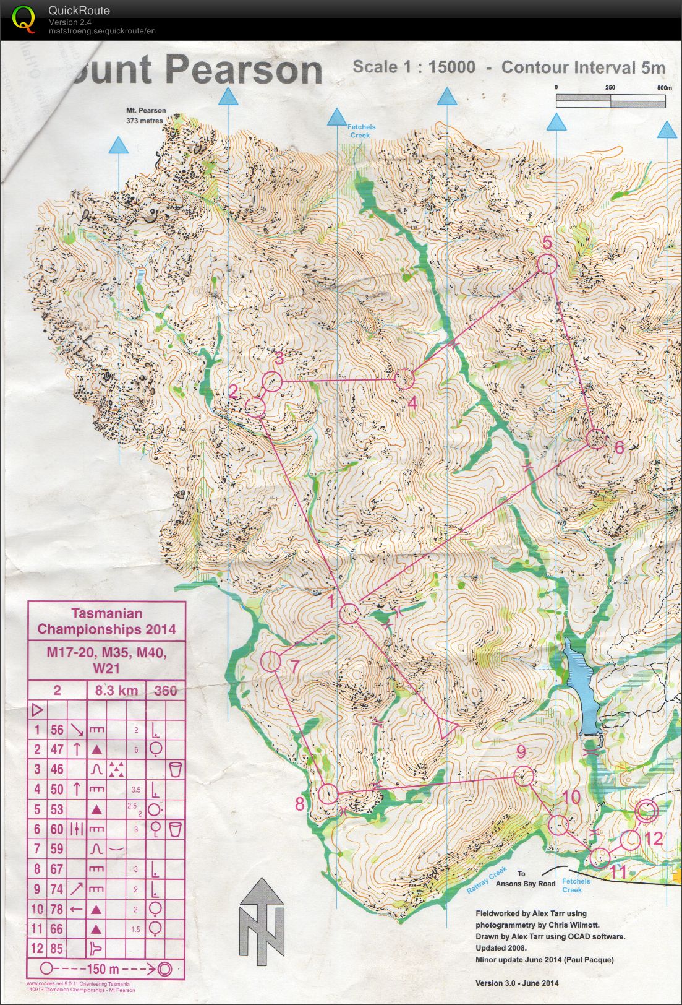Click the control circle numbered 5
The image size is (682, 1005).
click(x=547, y=265)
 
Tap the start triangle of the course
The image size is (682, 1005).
click(x=446, y=727)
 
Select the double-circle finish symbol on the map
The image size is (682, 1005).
click(x=646, y=810)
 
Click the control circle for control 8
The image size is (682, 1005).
click(x=328, y=794)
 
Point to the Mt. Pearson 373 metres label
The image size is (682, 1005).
click(x=146, y=115)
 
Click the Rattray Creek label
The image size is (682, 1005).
click(x=487, y=880)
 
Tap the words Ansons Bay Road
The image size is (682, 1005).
click(x=526, y=884)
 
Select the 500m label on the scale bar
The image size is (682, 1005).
click(x=664, y=88)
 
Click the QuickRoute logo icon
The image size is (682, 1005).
click(x=23, y=19)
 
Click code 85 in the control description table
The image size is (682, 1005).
click(x=57, y=947)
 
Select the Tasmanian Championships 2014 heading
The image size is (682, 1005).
click(x=106, y=621)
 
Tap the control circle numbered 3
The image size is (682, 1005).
click(x=272, y=381)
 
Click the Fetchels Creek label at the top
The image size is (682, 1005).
click(x=360, y=131)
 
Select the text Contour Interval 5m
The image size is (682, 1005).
click(x=583, y=67)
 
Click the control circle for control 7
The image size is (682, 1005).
click(x=270, y=661)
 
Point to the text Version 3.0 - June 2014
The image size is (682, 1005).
click(x=517, y=983)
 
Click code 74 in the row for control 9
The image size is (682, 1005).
click(x=57, y=889)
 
